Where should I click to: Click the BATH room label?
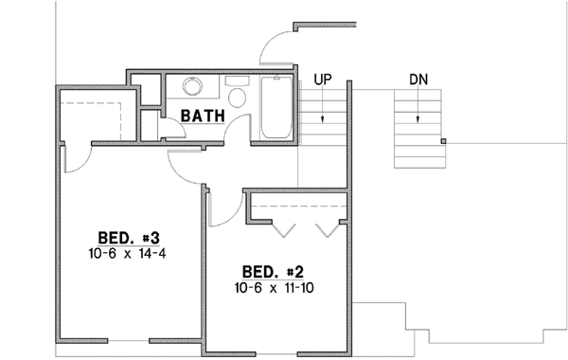click(203, 116)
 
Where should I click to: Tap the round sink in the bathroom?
click(193, 87)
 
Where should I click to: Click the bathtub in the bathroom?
click(275, 109)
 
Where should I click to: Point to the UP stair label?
click(322, 80)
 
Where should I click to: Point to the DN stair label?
click(417, 80)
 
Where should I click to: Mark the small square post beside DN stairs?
click(444, 142)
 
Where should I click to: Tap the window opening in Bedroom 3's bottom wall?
click(129, 340)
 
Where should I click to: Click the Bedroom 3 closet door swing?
click(78, 159)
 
